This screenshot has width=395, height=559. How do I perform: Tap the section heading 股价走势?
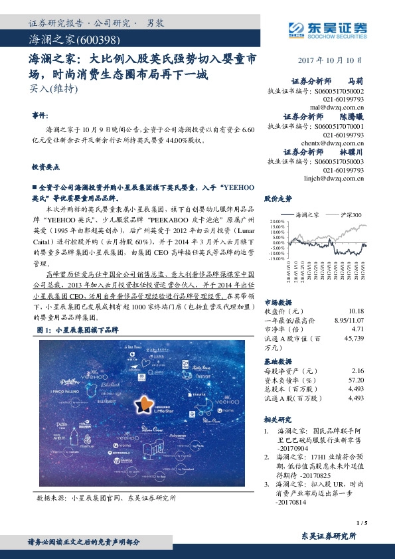(x=278, y=199)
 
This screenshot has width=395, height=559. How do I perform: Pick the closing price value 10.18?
(x=356, y=311)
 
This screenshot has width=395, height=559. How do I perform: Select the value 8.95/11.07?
(x=348, y=320)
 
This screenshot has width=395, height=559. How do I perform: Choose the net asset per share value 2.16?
(x=358, y=370)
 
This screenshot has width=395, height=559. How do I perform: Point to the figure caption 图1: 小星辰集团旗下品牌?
(x=78, y=330)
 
